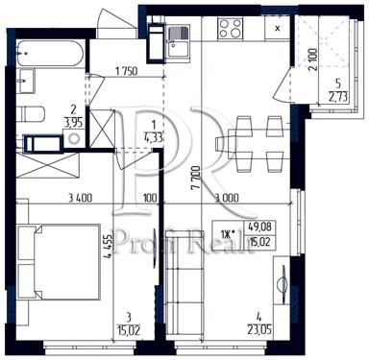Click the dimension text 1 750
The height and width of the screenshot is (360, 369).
point(126,72)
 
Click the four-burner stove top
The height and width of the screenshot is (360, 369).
point(231,29)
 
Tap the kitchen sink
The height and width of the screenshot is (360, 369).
point(179,39)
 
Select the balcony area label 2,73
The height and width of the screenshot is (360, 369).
point(336,95)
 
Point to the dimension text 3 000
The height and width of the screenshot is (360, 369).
point(229,199)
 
